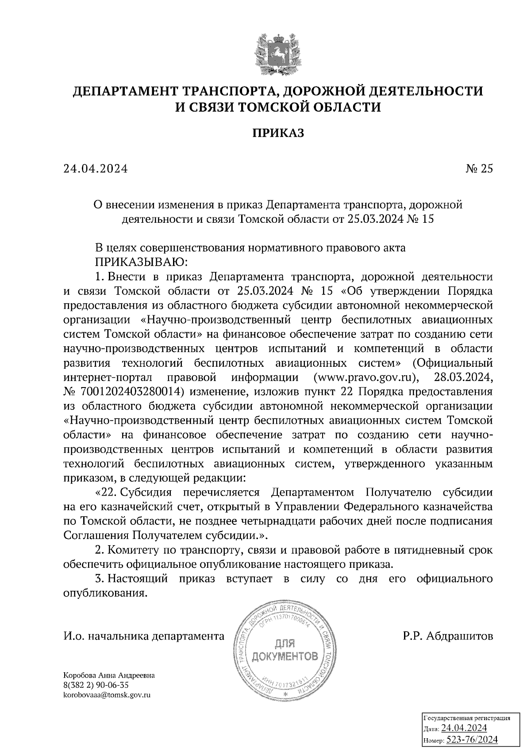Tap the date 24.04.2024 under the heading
pyautogui.click(x=96, y=169)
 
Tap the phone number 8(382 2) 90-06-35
pyautogui.click(x=96, y=686)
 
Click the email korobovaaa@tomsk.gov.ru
pyautogui.click(x=108, y=695)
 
